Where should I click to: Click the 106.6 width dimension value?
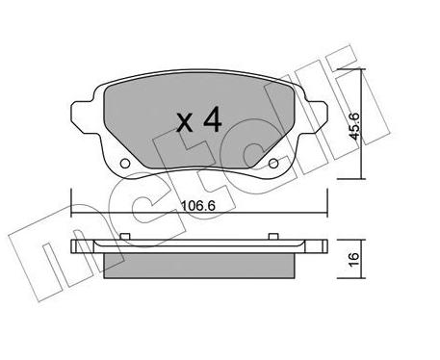click(197, 205)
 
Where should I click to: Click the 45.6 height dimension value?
click(355, 125)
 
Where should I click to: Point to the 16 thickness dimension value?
click(353, 259)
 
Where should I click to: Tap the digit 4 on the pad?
click(213, 119)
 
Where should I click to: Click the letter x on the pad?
click(185, 123)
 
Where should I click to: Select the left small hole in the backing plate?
click(125, 164)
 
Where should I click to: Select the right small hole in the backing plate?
click(273, 164)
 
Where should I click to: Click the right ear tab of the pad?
click(316, 117)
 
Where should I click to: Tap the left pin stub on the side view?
click(125, 237)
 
